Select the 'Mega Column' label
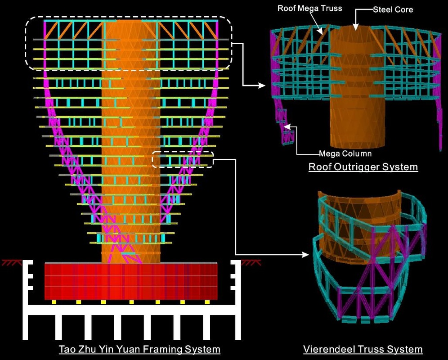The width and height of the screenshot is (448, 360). tap(345, 153)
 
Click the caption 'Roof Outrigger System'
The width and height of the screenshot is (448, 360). tap(363, 167)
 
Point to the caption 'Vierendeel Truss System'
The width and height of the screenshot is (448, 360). tap(363, 349)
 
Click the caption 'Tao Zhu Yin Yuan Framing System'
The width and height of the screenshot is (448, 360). tap(139, 349)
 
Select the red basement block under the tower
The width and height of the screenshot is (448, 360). tap(131, 281)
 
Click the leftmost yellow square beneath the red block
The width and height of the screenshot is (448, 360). tap(54, 302)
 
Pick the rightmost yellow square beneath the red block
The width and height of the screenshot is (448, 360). tap(207, 302)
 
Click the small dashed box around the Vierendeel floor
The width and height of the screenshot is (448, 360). tap(183, 160)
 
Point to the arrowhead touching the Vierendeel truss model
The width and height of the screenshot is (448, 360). tap(306, 255)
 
